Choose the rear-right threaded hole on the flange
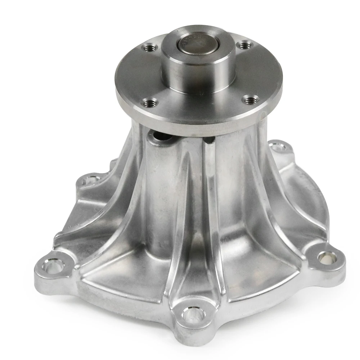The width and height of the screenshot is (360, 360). (245, 45)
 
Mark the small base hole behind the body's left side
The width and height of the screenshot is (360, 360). (90, 179)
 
